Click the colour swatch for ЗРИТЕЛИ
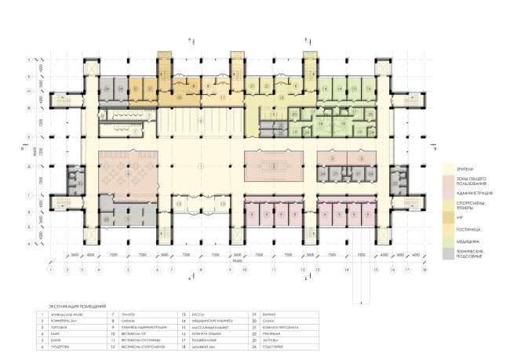click(447, 169)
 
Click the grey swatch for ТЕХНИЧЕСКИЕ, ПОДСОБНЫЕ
click(447, 253)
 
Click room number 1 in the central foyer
click(201, 166)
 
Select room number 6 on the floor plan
click(201, 121)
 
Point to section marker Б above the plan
click(307, 38)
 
